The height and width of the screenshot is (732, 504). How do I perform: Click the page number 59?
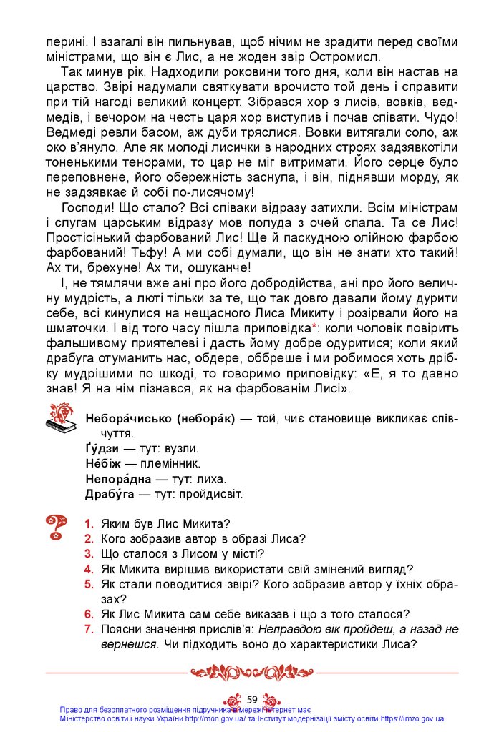[x=251, y=698]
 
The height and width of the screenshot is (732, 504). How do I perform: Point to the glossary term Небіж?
[x=105, y=463]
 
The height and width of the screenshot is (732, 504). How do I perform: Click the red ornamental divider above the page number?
[x=251, y=673]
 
